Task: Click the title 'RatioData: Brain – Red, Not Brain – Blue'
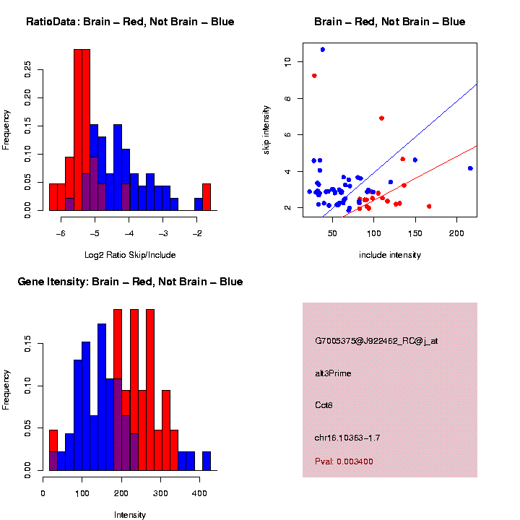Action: (x=130, y=22)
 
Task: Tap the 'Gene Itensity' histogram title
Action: (x=130, y=282)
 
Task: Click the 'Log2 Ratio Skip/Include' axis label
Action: (x=130, y=255)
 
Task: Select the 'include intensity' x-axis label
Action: (x=390, y=255)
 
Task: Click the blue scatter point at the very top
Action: (x=322, y=49)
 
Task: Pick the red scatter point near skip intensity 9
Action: (x=314, y=75)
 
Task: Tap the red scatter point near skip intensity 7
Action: (x=381, y=118)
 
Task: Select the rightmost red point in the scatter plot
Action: (x=429, y=206)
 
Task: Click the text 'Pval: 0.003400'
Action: (x=344, y=461)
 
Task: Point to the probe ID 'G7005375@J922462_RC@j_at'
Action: (x=376, y=341)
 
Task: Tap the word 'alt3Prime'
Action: (x=333, y=373)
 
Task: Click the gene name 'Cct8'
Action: (x=324, y=405)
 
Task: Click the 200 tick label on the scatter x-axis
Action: (x=456, y=233)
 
